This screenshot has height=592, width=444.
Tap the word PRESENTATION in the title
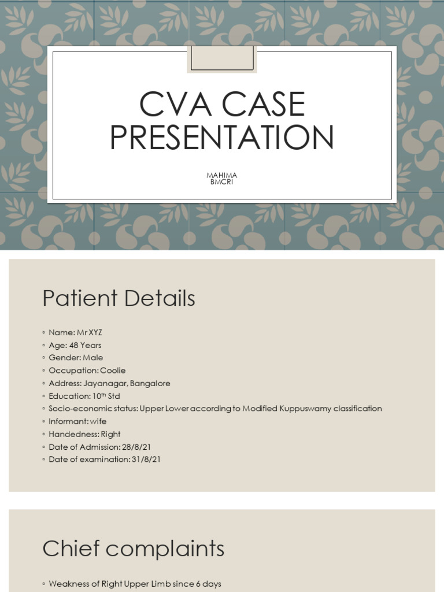[222, 138]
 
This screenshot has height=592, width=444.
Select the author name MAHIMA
[222, 175]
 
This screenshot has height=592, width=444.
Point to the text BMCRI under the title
[222, 182]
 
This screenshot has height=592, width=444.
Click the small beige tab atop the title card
[222, 59]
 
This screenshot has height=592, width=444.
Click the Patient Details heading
[119, 298]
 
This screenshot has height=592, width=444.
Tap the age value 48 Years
[85, 345]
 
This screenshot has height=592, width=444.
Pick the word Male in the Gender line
[92, 358]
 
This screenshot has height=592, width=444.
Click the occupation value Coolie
[113, 371]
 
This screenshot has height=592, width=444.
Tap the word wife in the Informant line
[98, 421]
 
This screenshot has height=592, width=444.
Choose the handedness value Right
[110, 434]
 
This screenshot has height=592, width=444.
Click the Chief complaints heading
[133, 549]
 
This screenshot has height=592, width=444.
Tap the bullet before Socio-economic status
[44, 409]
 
